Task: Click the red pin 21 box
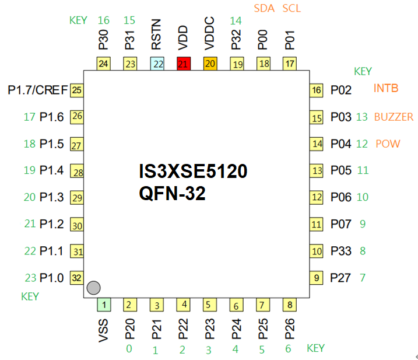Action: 184,64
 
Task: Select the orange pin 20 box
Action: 210,64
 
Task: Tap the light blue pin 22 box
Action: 157,64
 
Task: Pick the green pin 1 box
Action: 103,304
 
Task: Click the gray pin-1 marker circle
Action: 93,287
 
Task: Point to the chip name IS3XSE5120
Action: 193,172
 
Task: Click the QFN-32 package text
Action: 172,194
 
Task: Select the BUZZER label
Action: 394,117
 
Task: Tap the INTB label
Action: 386,89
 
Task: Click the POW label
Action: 388,144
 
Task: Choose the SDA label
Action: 264,8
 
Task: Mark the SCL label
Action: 292,8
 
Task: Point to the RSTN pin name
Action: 157,37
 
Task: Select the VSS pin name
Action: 103,330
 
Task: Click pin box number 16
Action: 317,90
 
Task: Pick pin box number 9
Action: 317,278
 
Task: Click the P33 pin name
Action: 341,251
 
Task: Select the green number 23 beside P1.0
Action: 30,278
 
